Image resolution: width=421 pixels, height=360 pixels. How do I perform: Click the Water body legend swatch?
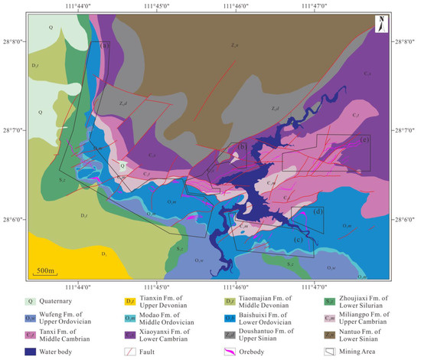pyautogui.click(x=31, y=352)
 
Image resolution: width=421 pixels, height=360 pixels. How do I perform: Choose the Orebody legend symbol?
pyautogui.click(x=234, y=352)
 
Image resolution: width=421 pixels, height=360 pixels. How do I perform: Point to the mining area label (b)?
pyautogui.click(x=241, y=147)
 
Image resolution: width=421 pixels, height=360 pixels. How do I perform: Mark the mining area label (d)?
pyautogui.click(x=317, y=211)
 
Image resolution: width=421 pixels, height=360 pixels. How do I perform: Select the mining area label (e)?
pyautogui.click(x=364, y=140)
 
